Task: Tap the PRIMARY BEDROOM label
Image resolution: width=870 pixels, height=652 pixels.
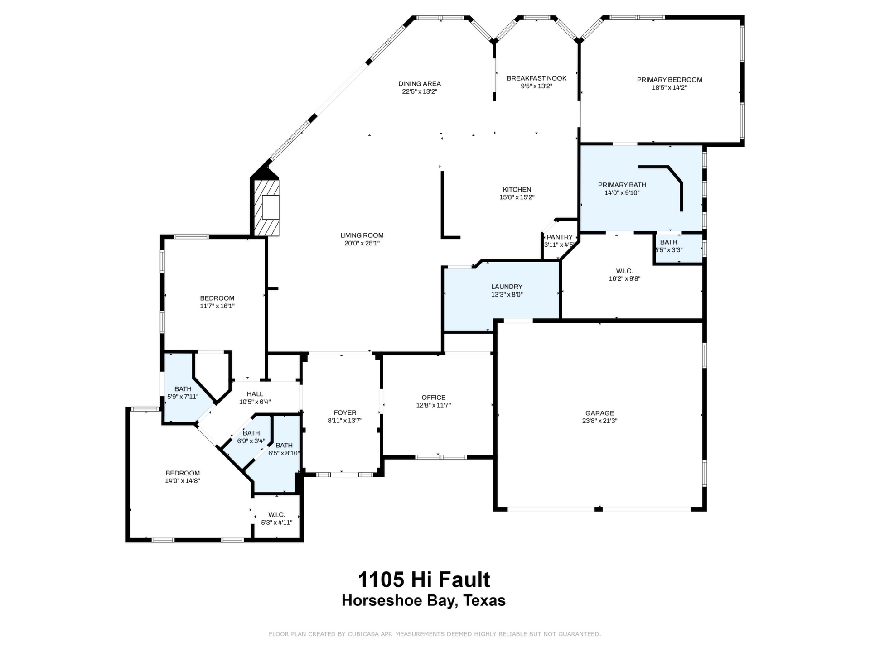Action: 669,80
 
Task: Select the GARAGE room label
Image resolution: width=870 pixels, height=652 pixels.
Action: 599,413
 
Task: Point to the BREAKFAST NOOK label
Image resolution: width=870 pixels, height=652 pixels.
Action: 536,78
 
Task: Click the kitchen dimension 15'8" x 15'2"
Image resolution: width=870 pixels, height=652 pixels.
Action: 517,197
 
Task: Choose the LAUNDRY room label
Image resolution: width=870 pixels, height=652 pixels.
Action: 507,287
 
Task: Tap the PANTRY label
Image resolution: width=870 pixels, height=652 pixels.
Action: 560,237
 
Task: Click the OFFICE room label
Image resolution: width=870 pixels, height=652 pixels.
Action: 434,398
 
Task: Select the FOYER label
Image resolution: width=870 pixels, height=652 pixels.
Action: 345,413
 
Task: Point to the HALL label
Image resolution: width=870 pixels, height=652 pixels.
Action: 255,394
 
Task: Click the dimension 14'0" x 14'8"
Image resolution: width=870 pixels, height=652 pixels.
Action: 183,481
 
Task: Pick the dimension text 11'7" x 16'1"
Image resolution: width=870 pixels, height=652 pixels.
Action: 217,306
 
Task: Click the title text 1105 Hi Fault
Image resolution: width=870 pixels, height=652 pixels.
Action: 424,580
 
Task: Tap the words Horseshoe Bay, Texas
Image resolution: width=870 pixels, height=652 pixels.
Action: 424,600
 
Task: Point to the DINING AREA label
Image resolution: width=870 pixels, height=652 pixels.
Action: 420,84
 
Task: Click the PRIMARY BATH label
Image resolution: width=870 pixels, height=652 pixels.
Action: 622,185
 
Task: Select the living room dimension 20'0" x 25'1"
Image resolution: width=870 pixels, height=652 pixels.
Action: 362,243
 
